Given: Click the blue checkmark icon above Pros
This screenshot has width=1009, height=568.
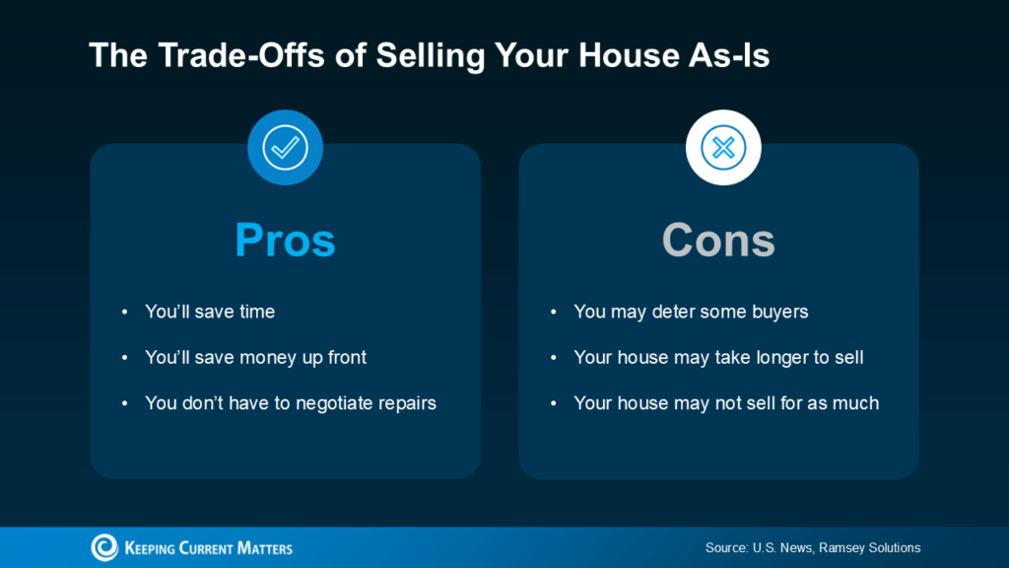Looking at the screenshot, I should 285,148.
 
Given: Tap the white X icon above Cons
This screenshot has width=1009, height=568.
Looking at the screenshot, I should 723,148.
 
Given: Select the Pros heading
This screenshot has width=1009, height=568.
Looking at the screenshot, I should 285,240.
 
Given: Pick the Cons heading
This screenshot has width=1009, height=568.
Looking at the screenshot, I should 718,240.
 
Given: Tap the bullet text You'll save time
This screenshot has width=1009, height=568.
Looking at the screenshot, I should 210,312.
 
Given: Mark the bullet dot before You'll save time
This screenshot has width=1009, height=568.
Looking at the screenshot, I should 124,313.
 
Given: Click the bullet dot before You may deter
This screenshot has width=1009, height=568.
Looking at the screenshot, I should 553,313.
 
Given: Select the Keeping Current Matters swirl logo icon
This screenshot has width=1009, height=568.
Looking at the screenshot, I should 104,547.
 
